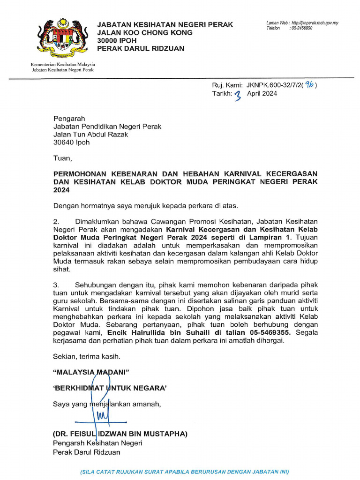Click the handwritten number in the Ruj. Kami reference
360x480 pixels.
(310, 85)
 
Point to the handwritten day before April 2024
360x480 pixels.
(238, 95)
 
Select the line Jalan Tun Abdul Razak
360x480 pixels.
(90, 135)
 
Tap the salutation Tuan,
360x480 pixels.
(63, 158)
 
